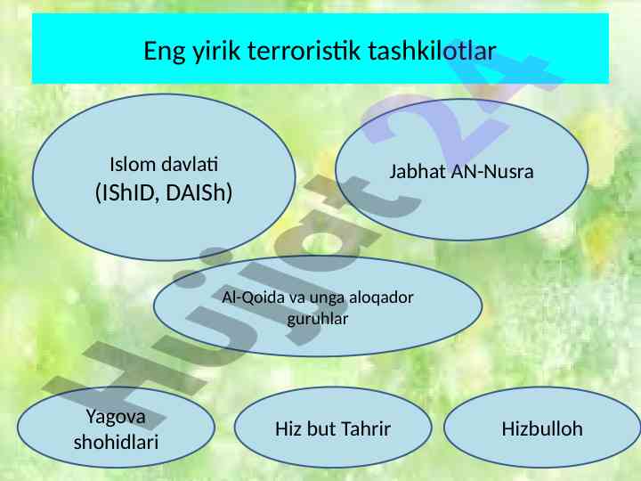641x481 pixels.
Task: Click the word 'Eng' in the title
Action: (164, 51)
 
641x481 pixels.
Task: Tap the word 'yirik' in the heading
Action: (215, 51)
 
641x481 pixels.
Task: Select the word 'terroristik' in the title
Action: (304, 50)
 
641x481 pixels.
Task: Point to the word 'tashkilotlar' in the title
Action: (432, 50)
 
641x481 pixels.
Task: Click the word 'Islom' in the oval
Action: (133, 165)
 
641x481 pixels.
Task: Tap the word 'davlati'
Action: (190, 165)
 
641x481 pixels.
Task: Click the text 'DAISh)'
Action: (199, 192)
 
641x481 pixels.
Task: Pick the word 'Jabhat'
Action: (418, 171)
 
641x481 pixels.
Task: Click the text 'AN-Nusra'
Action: (492, 171)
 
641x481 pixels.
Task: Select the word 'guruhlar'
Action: (318, 320)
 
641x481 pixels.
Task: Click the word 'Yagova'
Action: (116, 417)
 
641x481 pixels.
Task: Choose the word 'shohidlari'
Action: (116, 442)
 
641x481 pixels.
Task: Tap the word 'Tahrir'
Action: (365, 428)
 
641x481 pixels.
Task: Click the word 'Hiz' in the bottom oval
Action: (288, 428)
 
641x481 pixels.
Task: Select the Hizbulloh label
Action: (542, 428)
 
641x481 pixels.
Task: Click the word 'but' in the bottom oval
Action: (320, 428)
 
